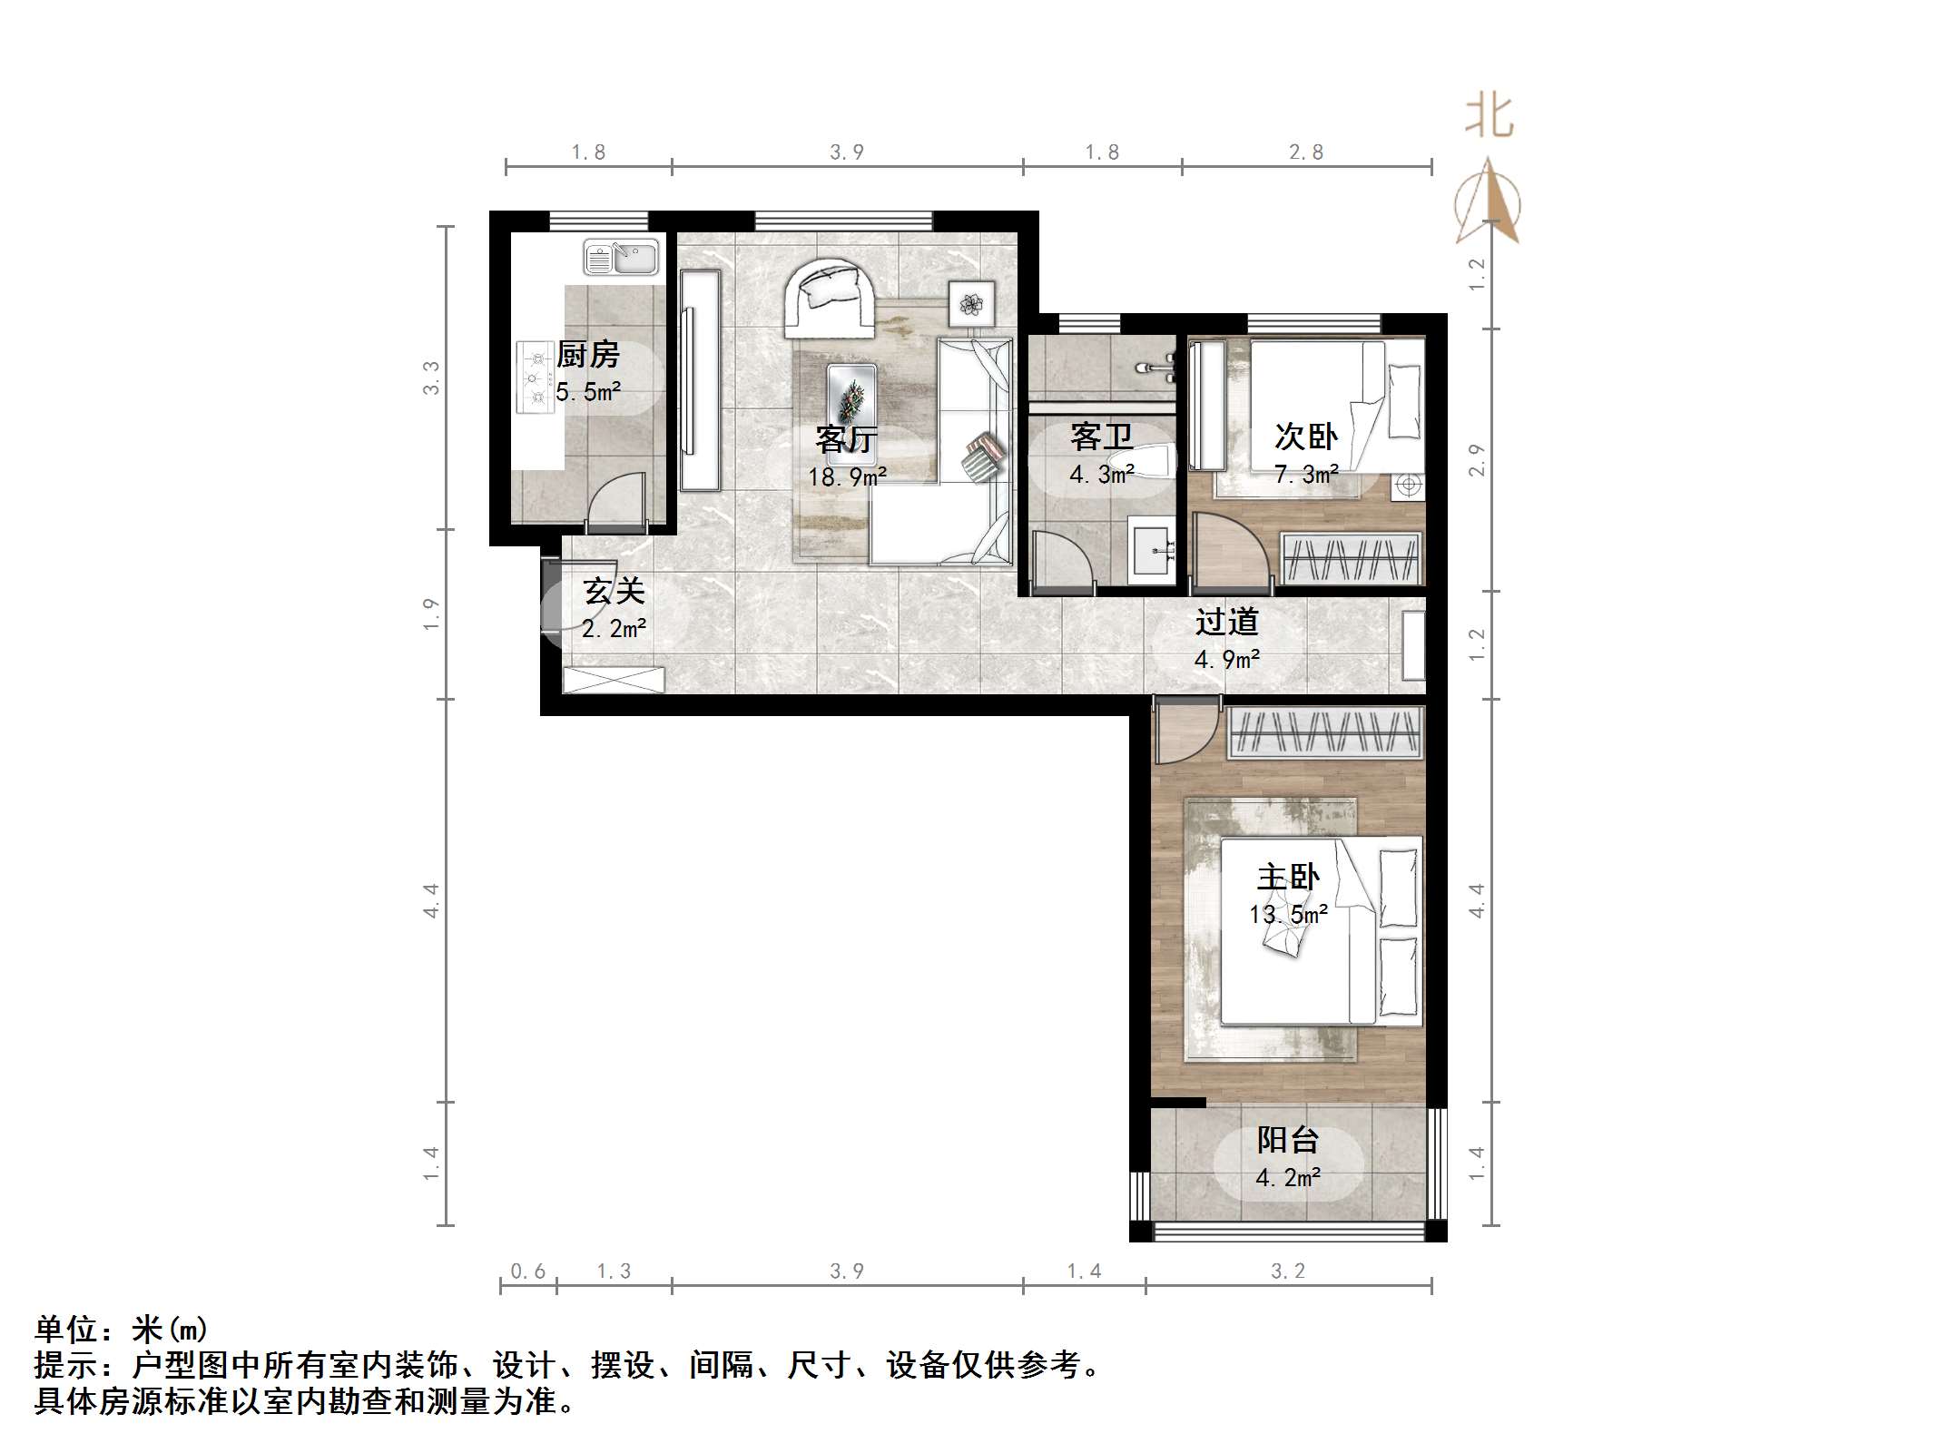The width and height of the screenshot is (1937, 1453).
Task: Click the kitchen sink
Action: pos(621,257)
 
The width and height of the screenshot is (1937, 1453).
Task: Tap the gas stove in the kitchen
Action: pos(536,377)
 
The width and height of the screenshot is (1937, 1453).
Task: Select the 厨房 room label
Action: pos(588,355)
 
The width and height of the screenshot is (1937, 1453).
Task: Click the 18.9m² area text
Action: pos(847,476)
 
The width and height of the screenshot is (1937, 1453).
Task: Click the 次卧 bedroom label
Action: pos(1305,437)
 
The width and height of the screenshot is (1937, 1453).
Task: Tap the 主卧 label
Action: pos(1287,877)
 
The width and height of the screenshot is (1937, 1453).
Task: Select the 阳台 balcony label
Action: pos(1287,1140)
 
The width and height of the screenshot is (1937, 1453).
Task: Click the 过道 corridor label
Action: pos(1226,622)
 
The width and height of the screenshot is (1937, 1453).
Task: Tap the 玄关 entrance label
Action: pos(614,592)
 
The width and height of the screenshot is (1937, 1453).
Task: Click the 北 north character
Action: pos(1489,118)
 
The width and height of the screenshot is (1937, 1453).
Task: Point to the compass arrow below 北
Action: pos(1488,204)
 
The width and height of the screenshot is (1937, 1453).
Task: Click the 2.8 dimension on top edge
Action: pos(1306,152)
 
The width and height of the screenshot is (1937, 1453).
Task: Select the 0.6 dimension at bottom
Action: pos(527,1271)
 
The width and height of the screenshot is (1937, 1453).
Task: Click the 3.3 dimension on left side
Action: pos(431,378)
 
